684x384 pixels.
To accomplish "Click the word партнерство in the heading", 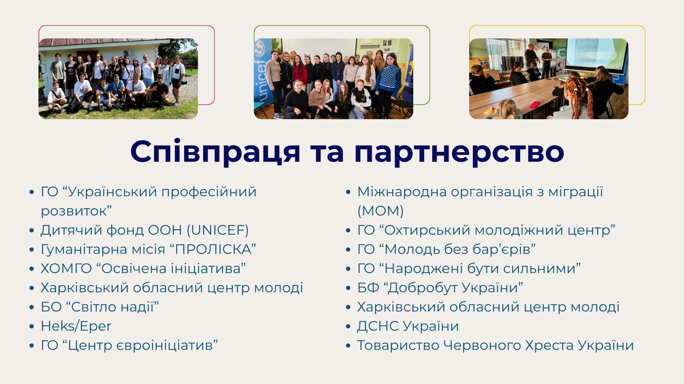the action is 459,152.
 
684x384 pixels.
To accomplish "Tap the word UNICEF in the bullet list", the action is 218,230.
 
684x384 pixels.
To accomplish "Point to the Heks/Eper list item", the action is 76,326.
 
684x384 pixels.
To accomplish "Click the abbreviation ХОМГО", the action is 66,268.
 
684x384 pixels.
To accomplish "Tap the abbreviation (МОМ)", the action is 380,211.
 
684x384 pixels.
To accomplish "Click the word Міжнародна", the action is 401,192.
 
